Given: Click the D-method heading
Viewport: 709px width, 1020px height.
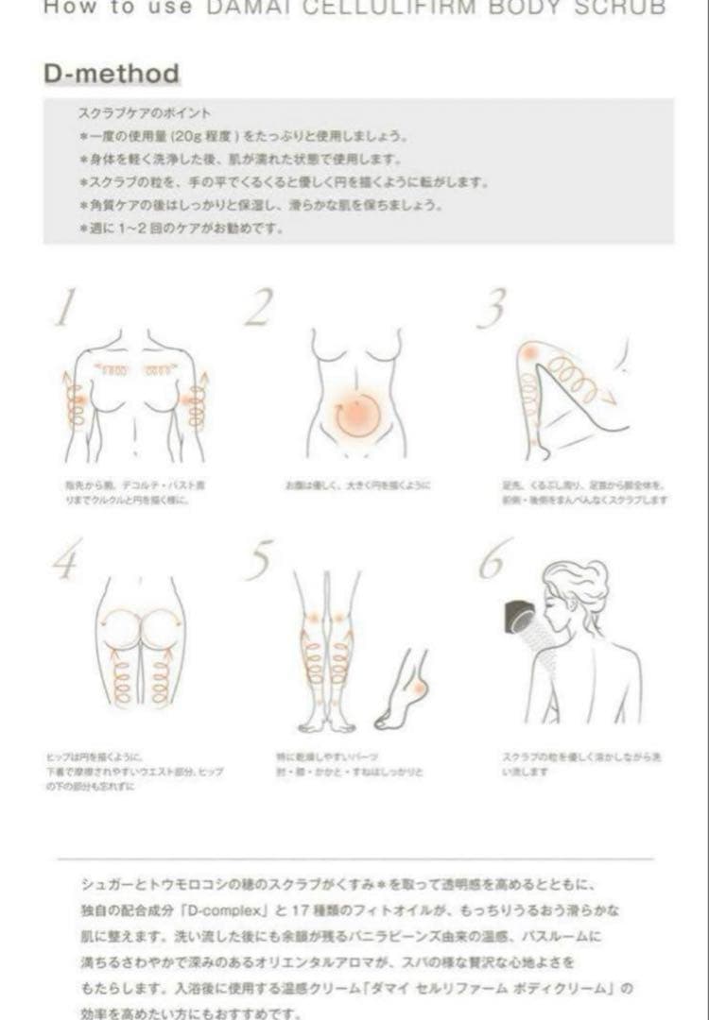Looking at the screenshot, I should coord(112,74).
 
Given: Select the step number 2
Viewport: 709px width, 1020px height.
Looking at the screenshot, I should coord(258,308).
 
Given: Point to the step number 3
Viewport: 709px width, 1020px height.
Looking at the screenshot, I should coord(491,308).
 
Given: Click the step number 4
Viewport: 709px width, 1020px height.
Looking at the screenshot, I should coord(64,563).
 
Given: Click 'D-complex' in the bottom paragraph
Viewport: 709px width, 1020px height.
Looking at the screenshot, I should coord(226,913).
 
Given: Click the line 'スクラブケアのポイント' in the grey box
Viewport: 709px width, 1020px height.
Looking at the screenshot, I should coord(145,113).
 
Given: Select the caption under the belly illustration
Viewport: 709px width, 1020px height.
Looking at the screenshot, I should coord(357,485).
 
